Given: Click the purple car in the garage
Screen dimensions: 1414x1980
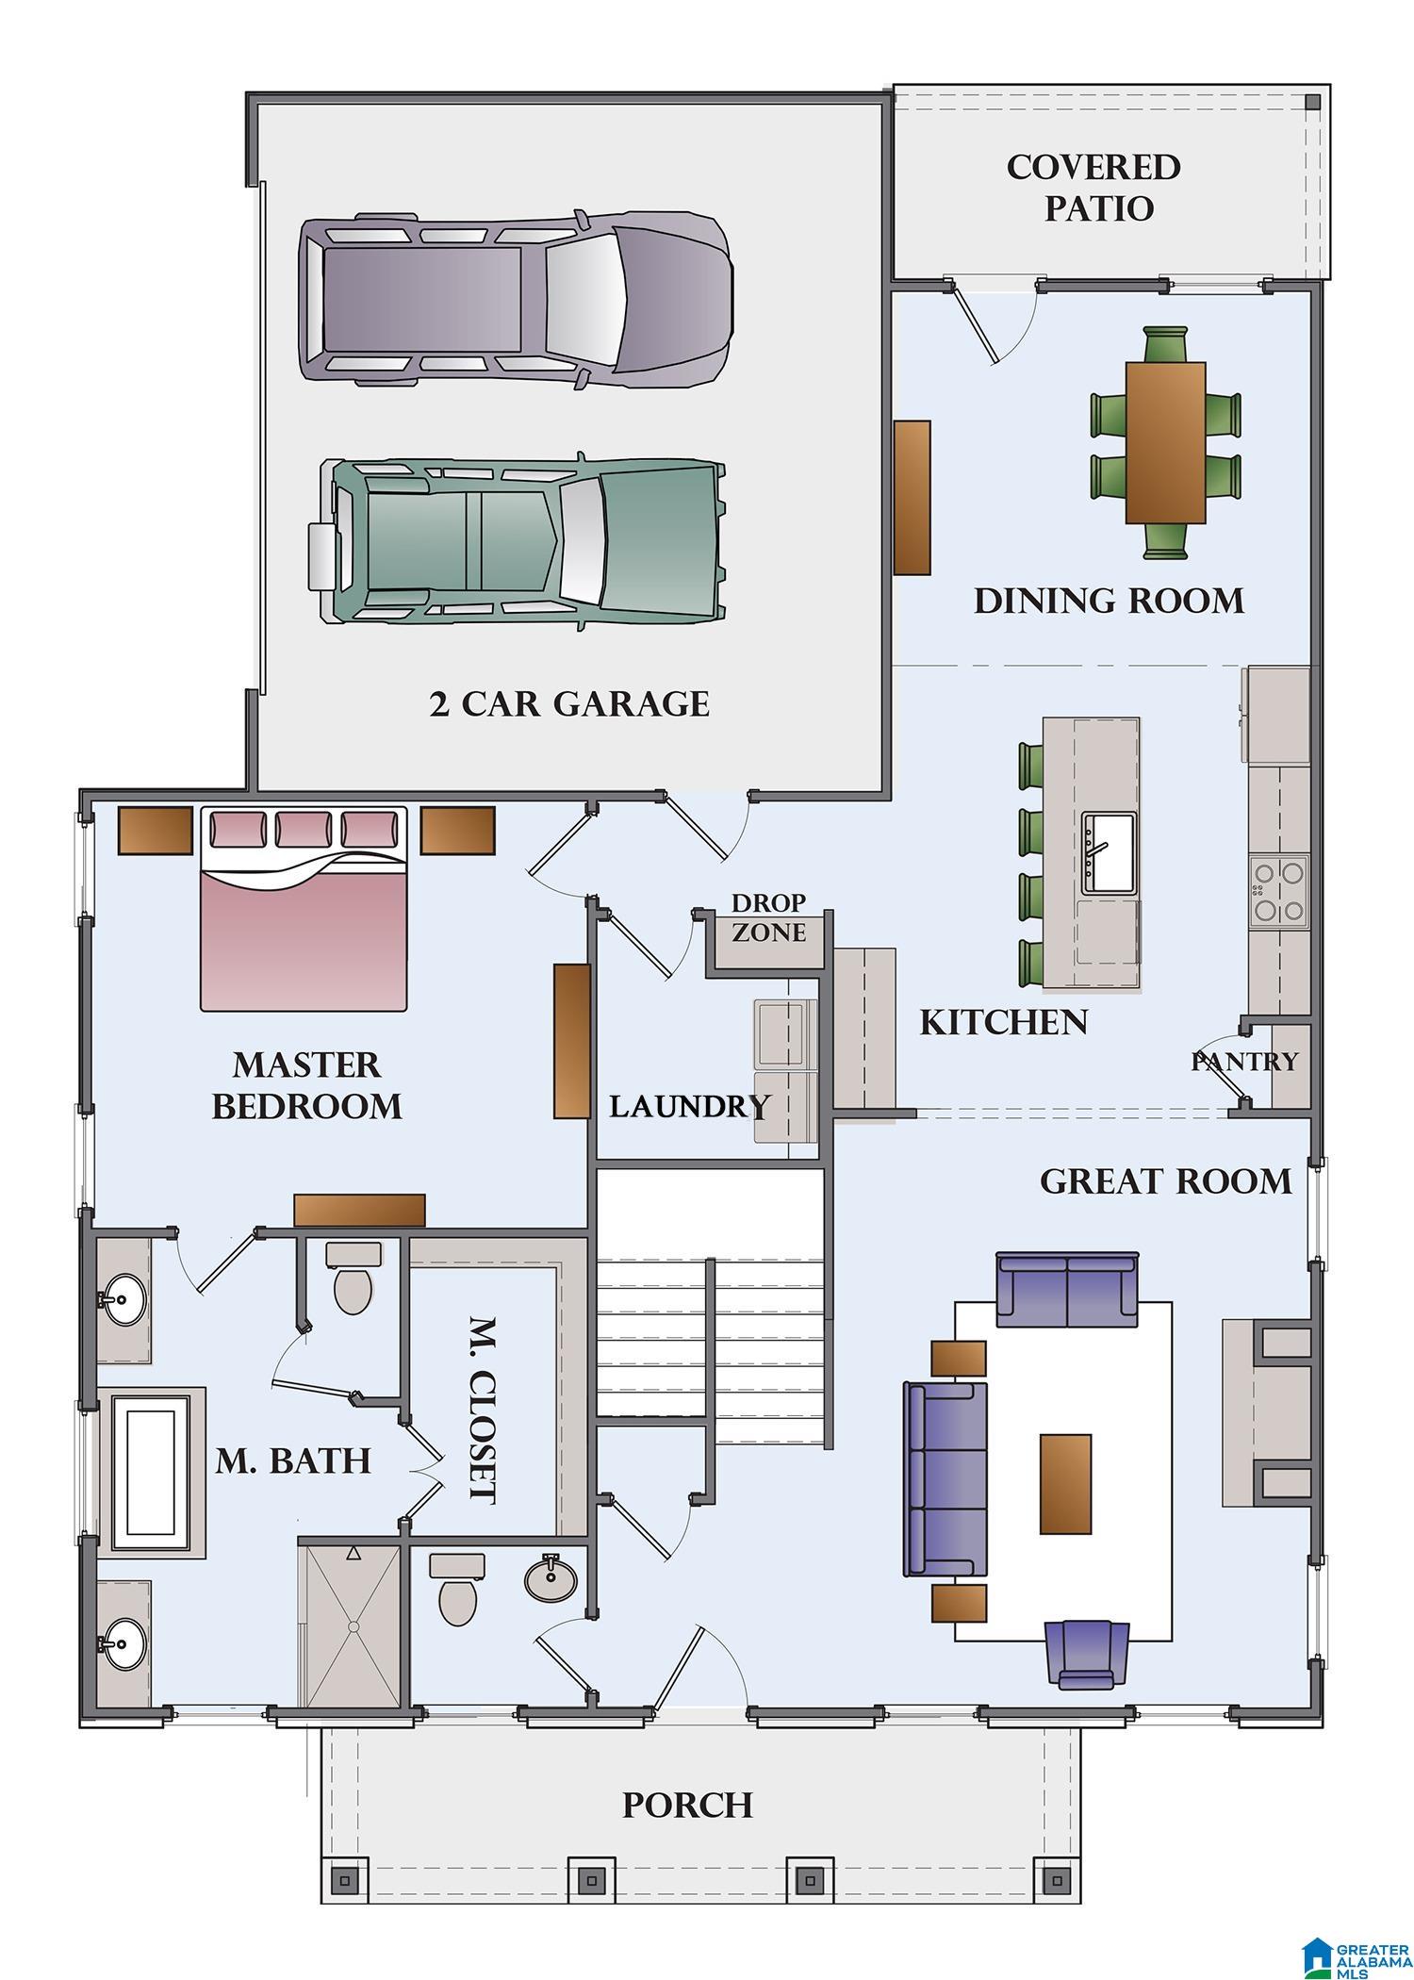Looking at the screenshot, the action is (517, 299).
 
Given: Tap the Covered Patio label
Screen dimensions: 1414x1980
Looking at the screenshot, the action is (1093, 187).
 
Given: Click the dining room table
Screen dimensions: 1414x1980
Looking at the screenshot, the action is (1165, 442).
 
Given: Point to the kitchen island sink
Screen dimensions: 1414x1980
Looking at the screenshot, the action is (1110, 852).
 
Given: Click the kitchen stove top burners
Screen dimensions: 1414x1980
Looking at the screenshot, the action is (1279, 891).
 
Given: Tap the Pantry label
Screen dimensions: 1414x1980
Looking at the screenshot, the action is (1244, 1062).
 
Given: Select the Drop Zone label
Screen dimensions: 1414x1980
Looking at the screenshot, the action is (769, 917).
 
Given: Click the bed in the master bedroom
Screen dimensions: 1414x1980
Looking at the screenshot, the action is (304, 908).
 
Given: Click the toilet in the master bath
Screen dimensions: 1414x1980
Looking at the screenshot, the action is (353, 1278).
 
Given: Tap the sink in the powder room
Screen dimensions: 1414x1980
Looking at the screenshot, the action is (551, 1578).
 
